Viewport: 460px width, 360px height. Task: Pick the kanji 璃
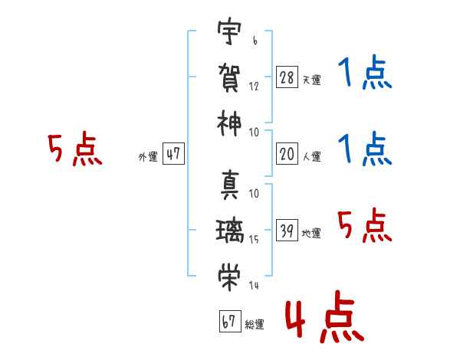228,230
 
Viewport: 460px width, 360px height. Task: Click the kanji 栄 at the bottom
228,275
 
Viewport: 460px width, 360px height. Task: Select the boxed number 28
287,77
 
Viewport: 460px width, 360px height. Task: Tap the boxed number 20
287,154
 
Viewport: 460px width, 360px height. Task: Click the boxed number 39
287,231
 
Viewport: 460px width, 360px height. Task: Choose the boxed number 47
173,154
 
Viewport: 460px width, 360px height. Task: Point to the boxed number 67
228,322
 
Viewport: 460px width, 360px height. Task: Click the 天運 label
311,80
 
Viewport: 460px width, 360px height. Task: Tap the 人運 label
311,157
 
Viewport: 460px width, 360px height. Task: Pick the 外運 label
148,157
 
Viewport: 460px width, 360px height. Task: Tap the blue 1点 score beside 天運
364,74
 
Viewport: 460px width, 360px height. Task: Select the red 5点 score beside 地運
364,226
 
